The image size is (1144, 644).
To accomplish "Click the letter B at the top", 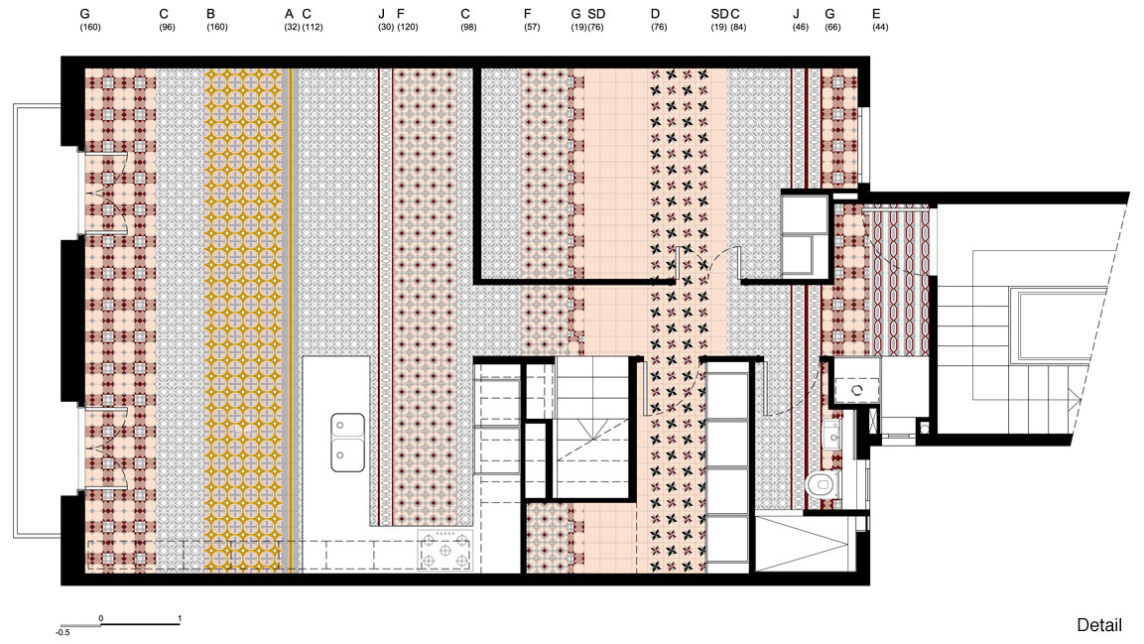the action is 211,14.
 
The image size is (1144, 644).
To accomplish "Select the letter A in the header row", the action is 289,14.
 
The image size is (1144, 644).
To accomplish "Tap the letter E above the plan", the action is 876,14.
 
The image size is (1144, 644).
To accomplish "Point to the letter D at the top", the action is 655,14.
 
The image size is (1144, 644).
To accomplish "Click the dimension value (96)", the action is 167,27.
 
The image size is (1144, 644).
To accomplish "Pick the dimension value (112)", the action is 313,27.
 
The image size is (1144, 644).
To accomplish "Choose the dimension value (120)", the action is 408,27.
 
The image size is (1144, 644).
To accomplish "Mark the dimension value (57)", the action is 532,27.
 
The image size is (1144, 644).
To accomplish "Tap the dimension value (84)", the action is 738,27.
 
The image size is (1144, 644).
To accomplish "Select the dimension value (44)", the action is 880,27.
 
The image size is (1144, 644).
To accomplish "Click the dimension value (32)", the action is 292,27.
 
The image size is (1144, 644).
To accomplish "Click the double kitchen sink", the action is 347,442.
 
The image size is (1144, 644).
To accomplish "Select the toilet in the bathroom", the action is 823,485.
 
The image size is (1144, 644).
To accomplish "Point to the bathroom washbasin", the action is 832,437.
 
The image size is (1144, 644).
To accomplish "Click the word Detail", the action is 1098,625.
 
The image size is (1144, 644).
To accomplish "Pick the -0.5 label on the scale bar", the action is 63,632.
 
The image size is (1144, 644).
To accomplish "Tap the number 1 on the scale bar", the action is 180,618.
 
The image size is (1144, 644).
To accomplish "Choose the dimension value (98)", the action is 468,27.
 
